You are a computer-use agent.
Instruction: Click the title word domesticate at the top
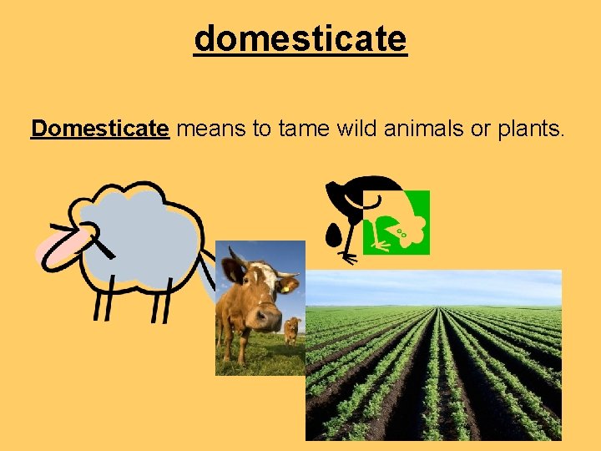(300, 38)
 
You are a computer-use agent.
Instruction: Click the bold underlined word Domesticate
(100, 129)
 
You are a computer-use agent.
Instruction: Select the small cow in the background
(291, 330)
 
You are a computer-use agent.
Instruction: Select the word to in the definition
(261, 129)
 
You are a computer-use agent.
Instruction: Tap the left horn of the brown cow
(231, 259)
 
